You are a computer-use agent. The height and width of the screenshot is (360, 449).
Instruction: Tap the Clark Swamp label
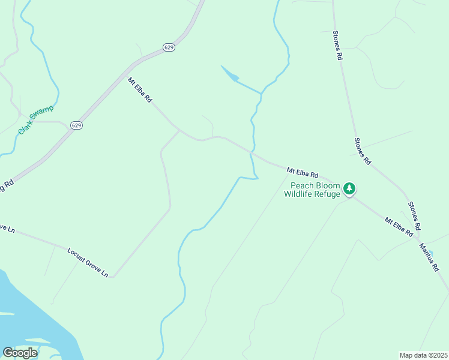coord(35,119)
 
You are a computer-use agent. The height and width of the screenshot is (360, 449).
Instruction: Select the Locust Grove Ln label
coord(88,262)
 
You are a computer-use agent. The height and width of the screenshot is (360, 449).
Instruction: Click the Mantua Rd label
coord(429,257)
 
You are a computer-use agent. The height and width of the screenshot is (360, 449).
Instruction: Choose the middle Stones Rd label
coord(363,151)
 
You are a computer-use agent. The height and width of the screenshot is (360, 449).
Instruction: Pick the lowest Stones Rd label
coord(414,215)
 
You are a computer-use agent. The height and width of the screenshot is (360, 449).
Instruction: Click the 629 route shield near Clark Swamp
coord(76,125)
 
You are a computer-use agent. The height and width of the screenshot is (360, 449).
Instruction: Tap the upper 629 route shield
coord(169,47)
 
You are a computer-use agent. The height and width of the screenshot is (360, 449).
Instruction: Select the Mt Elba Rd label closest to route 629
coord(140,89)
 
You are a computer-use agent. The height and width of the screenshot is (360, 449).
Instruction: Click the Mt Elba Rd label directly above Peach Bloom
coord(302,173)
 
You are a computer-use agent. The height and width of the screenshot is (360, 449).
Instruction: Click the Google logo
coord(20,353)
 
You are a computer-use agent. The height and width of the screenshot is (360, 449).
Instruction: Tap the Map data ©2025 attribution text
coord(424,355)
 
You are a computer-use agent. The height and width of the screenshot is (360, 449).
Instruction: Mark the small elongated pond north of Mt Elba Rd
coord(231,75)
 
